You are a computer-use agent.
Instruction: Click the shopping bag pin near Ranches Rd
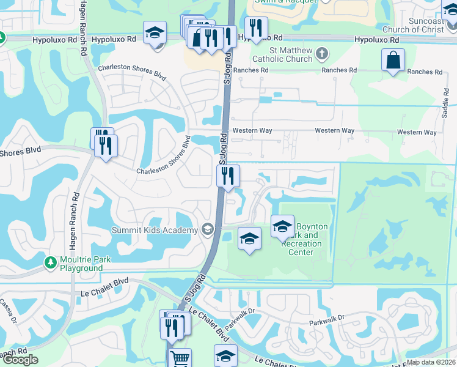[393, 60]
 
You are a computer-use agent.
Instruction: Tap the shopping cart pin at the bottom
[180, 358]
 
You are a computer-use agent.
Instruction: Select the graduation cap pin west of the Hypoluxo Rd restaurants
[155, 32]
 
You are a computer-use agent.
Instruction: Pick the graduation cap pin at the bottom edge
[225, 356]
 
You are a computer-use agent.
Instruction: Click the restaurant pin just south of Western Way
[228, 177]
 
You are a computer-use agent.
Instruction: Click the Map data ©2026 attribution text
[431, 362]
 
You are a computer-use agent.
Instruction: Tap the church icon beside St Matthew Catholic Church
[323, 54]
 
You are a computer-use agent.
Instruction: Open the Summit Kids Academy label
[155, 230]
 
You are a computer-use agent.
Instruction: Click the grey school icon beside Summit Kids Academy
[208, 229]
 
